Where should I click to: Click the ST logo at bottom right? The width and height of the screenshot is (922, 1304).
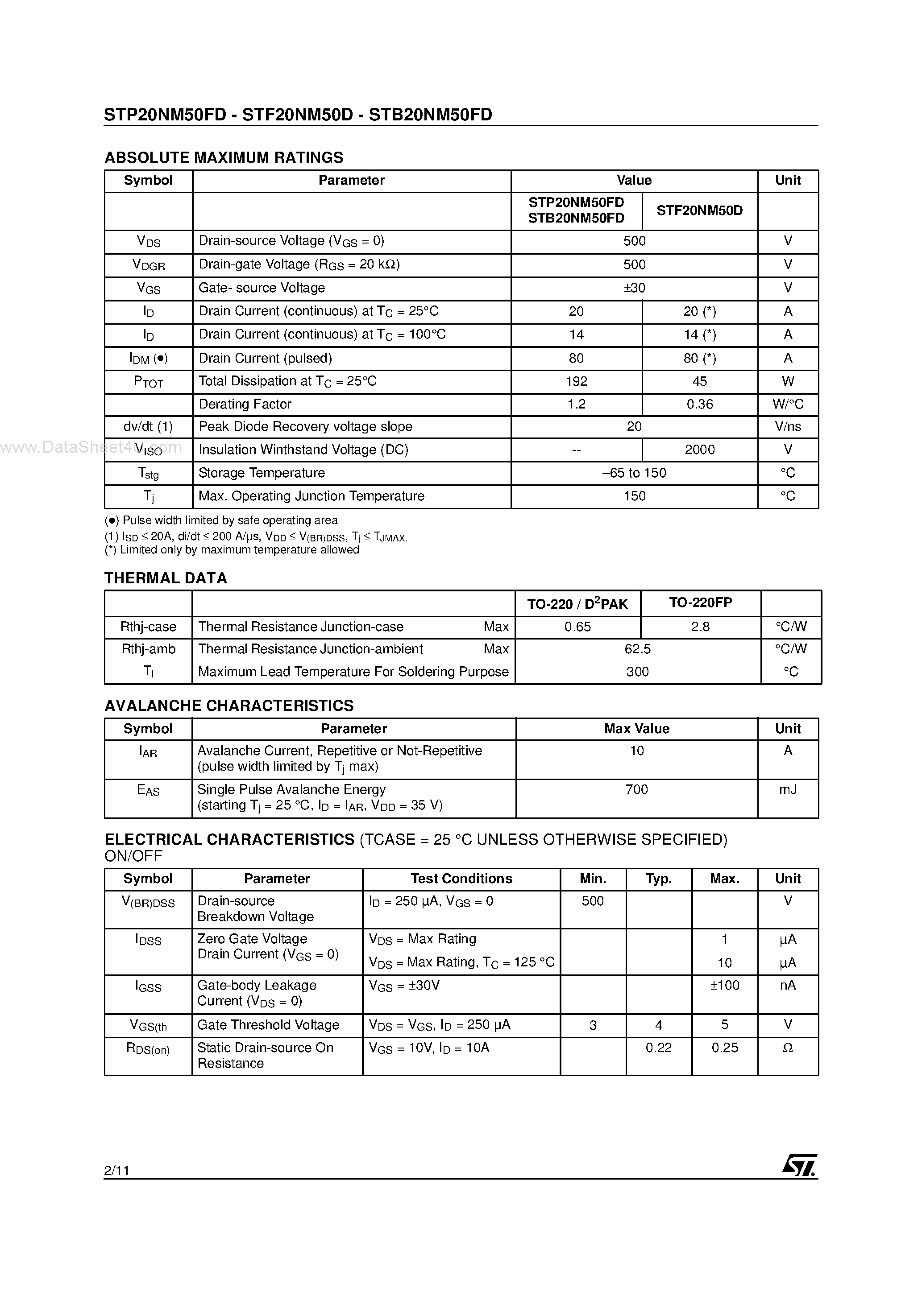point(799,1165)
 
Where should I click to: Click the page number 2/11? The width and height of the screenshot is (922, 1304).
point(117,1170)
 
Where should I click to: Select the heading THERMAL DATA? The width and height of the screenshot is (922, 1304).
point(166,578)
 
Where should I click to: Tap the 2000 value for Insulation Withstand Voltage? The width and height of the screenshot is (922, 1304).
point(699,450)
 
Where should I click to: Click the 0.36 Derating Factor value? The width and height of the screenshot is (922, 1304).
point(699,404)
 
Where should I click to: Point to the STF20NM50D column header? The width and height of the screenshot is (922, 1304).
point(699,210)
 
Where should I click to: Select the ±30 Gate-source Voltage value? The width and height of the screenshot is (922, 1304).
point(634,288)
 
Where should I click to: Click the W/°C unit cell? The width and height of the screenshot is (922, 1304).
point(787,404)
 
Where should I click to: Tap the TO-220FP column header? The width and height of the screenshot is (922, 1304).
point(700,602)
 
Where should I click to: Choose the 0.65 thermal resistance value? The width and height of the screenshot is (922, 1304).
point(577,627)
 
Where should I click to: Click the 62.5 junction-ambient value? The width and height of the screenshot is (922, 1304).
point(637,649)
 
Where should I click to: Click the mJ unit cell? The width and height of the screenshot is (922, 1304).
point(787,789)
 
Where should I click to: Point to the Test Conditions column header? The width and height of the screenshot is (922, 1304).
point(461,879)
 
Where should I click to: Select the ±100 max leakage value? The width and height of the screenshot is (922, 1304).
point(724,986)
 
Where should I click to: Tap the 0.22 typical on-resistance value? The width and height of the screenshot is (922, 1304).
point(658,1048)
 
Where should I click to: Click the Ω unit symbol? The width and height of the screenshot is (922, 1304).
point(787,1048)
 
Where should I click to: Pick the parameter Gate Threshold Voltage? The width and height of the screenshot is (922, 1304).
point(268,1025)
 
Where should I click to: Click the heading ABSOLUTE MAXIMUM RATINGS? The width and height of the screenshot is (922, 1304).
point(224,157)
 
